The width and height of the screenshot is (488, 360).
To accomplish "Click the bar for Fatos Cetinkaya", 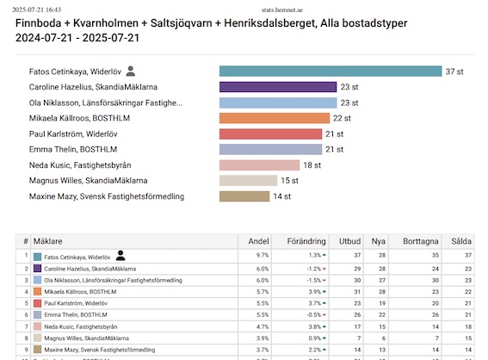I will (330, 71).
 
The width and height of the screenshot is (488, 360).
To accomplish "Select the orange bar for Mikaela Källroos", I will (275, 118).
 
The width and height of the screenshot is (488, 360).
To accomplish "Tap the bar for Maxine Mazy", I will (244, 196).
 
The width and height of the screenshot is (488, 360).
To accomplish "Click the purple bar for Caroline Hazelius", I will (277, 87).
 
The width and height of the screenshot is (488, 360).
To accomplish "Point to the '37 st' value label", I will (454, 71).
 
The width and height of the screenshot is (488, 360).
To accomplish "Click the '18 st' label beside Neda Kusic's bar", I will (312, 165).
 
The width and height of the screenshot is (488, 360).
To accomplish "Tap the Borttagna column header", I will (419, 242).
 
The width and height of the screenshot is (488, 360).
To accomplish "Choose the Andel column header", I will (258, 242).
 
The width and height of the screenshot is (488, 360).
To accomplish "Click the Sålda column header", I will (461, 242).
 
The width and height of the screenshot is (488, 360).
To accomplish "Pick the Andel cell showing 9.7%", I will (263, 256).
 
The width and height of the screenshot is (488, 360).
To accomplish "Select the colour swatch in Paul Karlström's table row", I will (38, 304).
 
